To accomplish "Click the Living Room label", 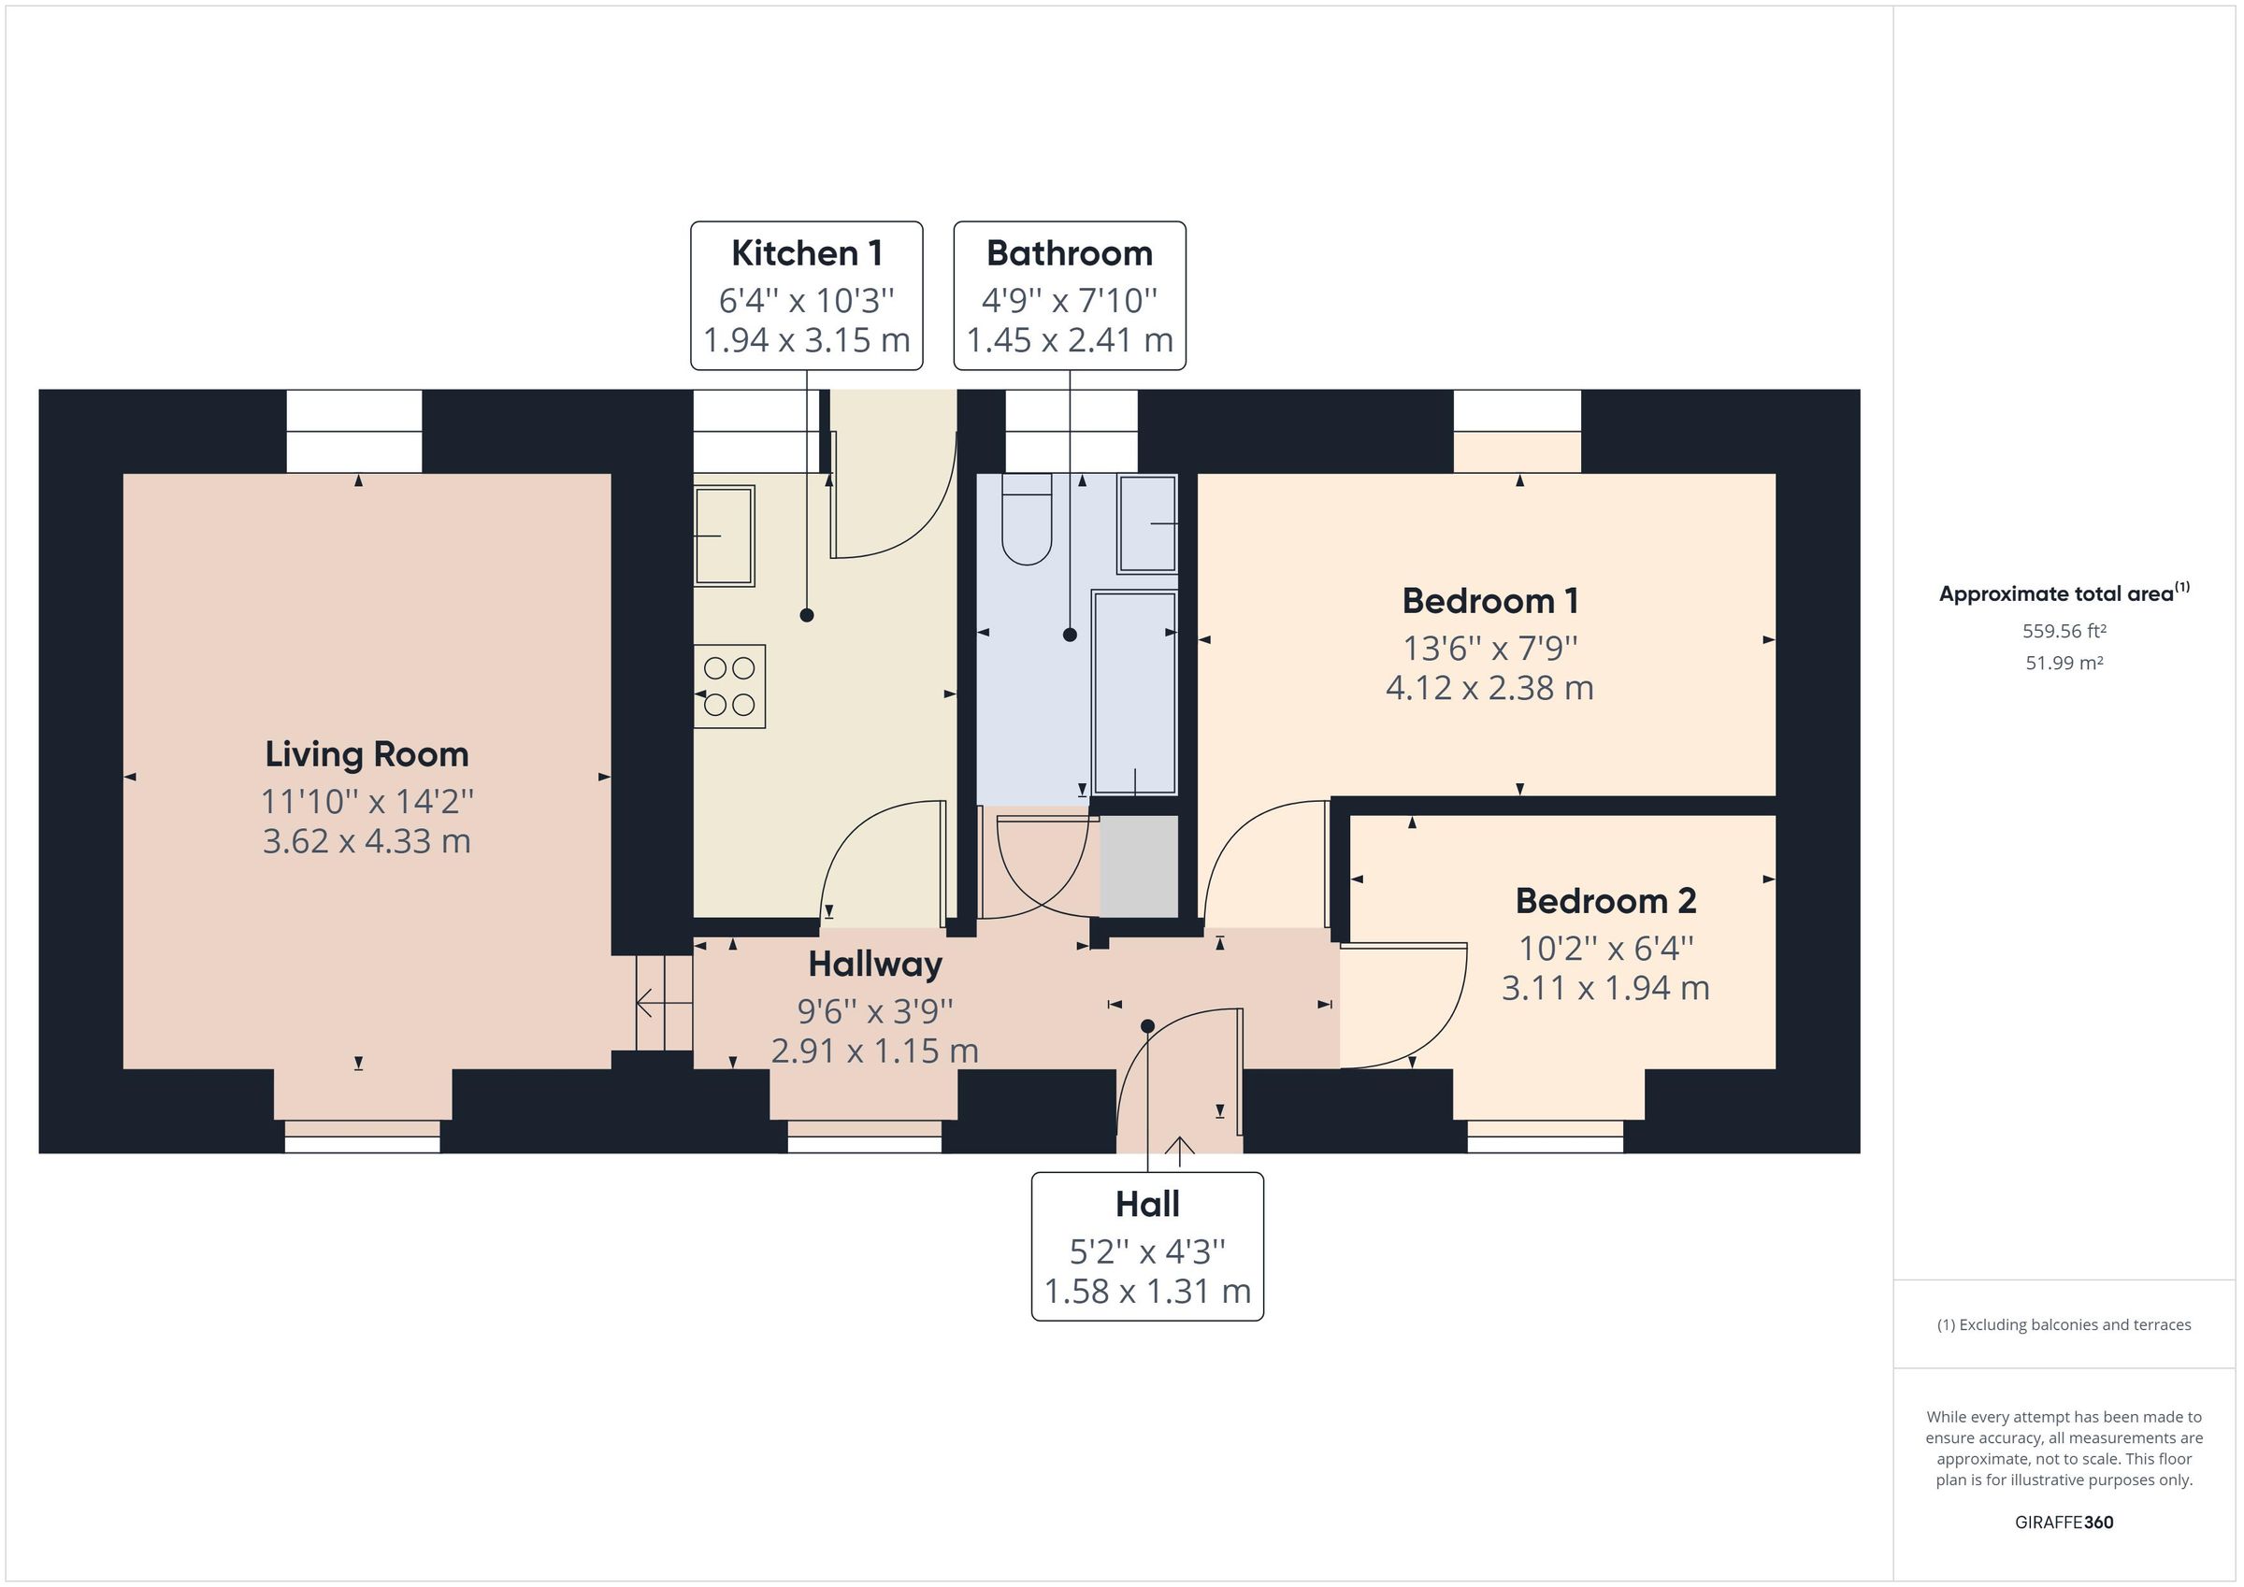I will [367, 754].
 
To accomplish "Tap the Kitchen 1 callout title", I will [806, 253].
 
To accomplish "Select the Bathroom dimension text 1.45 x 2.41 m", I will [1070, 340].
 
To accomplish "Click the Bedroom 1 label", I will [1489, 601].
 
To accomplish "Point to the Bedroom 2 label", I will [1604, 901].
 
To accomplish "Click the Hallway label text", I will [875, 965].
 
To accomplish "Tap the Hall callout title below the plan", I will [1147, 1204].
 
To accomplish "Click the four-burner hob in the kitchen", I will [729, 686].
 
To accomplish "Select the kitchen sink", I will [725, 536].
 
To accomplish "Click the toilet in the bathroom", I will [1027, 520].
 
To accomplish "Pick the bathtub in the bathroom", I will [1135, 692].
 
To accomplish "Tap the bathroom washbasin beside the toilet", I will [1147, 523].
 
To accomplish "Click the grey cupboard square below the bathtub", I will [1139, 865].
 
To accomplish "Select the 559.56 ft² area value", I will [2064, 631].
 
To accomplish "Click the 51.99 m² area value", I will [2064, 663].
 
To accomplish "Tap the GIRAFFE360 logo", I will [2064, 1522].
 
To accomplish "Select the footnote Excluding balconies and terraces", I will [2064, 1325].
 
